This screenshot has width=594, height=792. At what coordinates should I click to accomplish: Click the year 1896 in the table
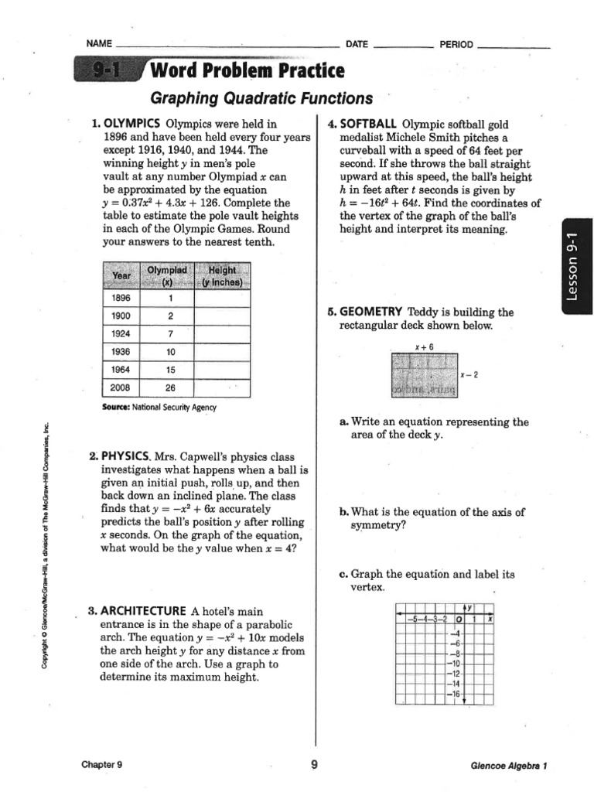click(x=121, y=297)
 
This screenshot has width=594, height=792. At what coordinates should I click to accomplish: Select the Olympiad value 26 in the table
click(x=169, y=387)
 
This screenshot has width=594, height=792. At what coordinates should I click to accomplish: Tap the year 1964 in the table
click(x=121, y=369)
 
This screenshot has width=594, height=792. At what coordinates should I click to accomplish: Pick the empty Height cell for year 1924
click(x=222, y=333)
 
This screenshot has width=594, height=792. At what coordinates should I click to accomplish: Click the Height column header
click(x=222, y=275)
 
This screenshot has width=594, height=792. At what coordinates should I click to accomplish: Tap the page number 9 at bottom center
click(x=314, y=765)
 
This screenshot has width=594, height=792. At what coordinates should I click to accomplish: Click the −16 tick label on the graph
click(x=454, y=695)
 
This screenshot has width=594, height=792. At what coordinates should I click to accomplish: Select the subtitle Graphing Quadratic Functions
click(x=261, y=98)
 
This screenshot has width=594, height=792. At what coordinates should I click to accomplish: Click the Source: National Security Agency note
click(x=159, y=407)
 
